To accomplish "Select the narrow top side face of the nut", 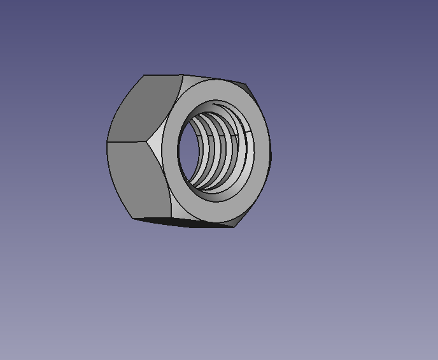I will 210,78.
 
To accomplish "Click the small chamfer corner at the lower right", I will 239,220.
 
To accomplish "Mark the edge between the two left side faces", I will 127,141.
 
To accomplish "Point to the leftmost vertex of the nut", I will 107,142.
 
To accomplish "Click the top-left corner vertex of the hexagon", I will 143,75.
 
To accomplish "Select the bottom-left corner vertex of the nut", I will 133,218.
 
